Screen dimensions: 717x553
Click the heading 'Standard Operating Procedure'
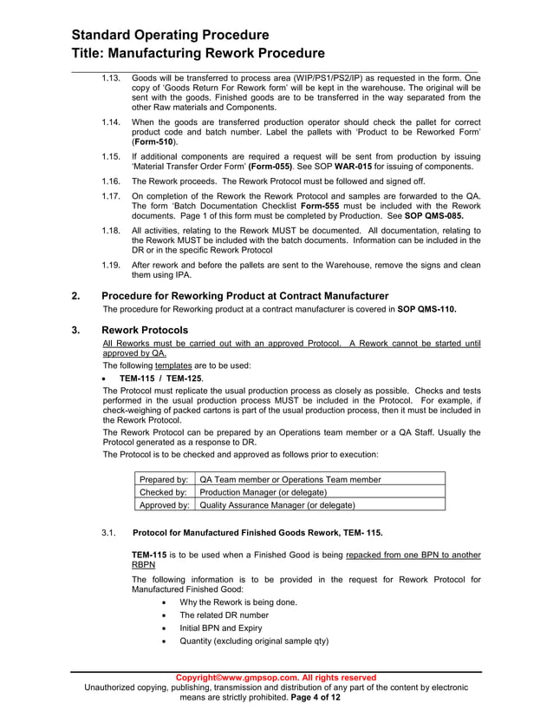170,36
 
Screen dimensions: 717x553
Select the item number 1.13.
110,78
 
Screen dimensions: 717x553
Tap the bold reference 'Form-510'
153,141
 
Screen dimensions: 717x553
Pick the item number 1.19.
110,264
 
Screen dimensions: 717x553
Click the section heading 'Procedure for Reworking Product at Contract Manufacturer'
245,296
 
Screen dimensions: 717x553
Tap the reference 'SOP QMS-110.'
426,308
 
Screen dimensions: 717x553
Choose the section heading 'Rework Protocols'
145,330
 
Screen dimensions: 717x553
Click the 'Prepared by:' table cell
164,479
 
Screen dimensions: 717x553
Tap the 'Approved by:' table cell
164,504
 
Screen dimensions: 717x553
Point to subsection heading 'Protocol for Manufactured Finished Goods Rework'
257,532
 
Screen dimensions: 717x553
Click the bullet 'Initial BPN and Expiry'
220,628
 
